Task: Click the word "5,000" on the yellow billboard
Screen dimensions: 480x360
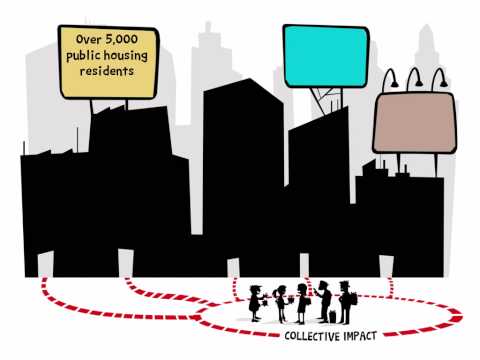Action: tap(121, 39)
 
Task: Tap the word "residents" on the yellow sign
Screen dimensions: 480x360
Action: tap(107, 71)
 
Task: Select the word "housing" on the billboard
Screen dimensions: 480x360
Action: tap(125, 56)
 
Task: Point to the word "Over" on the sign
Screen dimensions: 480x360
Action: tap(88, 39)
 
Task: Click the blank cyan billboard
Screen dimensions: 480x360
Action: tap(326, 56)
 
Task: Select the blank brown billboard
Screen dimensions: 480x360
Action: tap(414, 123)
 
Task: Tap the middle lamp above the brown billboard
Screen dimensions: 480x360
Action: tap(414, 79)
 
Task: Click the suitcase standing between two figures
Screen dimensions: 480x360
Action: tap(333, 316)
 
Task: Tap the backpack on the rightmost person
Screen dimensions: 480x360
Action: tap(354, 299)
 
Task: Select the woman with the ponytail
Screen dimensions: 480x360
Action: tap(280, 304)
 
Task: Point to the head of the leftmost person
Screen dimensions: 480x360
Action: tap(255, 290)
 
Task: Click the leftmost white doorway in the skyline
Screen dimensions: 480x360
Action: tap(46, 264)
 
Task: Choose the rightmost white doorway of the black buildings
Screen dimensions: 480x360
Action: tap(386, 266)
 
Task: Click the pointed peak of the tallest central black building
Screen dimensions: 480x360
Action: tap(249, 79)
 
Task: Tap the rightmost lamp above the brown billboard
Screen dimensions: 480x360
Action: tap(440, 79)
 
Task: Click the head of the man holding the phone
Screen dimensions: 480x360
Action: tap(323, 286)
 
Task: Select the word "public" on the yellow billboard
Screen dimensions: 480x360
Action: tap(83, 56)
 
